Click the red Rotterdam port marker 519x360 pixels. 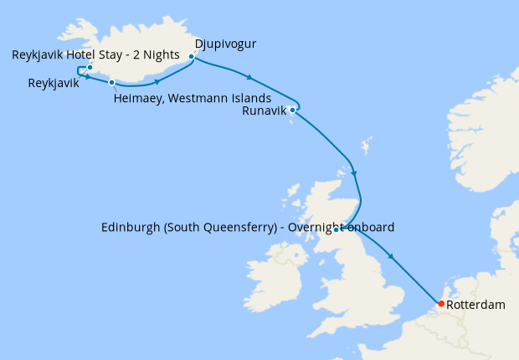click(x=440, y=304)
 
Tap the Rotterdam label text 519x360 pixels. click(x=476, y=306)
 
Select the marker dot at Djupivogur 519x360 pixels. click(x=192, y=57)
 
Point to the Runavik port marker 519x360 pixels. click(x=292, y=110)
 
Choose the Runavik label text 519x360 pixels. click(x=264, y=110)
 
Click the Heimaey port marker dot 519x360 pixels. click(x=111, y=82)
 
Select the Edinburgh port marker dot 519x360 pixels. click(x=335, y=229)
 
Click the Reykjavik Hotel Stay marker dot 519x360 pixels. click(x=90, y=67)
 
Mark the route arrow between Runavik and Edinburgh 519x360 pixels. click(x=354, y=173)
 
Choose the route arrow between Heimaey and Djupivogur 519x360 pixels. click(x=157, y=81)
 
